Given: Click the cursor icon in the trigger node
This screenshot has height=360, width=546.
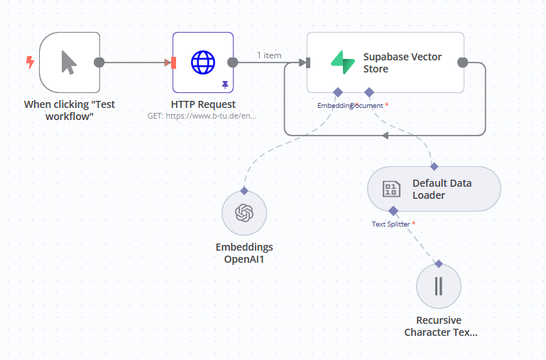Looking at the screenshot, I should click(69, 62).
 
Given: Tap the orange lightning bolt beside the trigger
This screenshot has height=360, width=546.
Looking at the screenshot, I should click(30, 62).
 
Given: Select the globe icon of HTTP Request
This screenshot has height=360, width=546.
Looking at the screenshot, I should click(202, 62).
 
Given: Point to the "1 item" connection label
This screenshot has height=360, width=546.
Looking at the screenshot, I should click(269, 55).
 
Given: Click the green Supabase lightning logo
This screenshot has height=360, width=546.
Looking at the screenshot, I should click(342, 62).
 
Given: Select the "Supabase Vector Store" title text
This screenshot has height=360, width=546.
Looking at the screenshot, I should click(402, 62).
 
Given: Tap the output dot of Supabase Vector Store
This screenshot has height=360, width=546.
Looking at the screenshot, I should click(463, 62).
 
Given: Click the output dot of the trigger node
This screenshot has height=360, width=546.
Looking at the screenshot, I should click(99, 62).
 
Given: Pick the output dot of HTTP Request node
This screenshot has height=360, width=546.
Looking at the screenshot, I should click(232, 62).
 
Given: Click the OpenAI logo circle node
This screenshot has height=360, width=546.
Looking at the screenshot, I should click(244, 213).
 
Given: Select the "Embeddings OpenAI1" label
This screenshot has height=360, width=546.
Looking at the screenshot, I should click(244, 253).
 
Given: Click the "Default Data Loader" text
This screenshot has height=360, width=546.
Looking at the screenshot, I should click(442, 189).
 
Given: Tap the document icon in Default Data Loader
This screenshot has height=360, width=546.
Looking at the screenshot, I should click(391, 189).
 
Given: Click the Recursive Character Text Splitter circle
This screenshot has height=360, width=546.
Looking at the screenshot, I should click(439, 286).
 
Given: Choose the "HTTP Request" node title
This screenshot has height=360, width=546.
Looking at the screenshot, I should click(202, 104).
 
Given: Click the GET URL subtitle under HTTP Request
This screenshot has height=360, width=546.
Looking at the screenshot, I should click(202, 115).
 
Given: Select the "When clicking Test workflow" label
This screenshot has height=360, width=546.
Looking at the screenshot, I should click(70, 109).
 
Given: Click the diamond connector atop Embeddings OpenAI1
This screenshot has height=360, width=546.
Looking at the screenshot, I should click(244, 190).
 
